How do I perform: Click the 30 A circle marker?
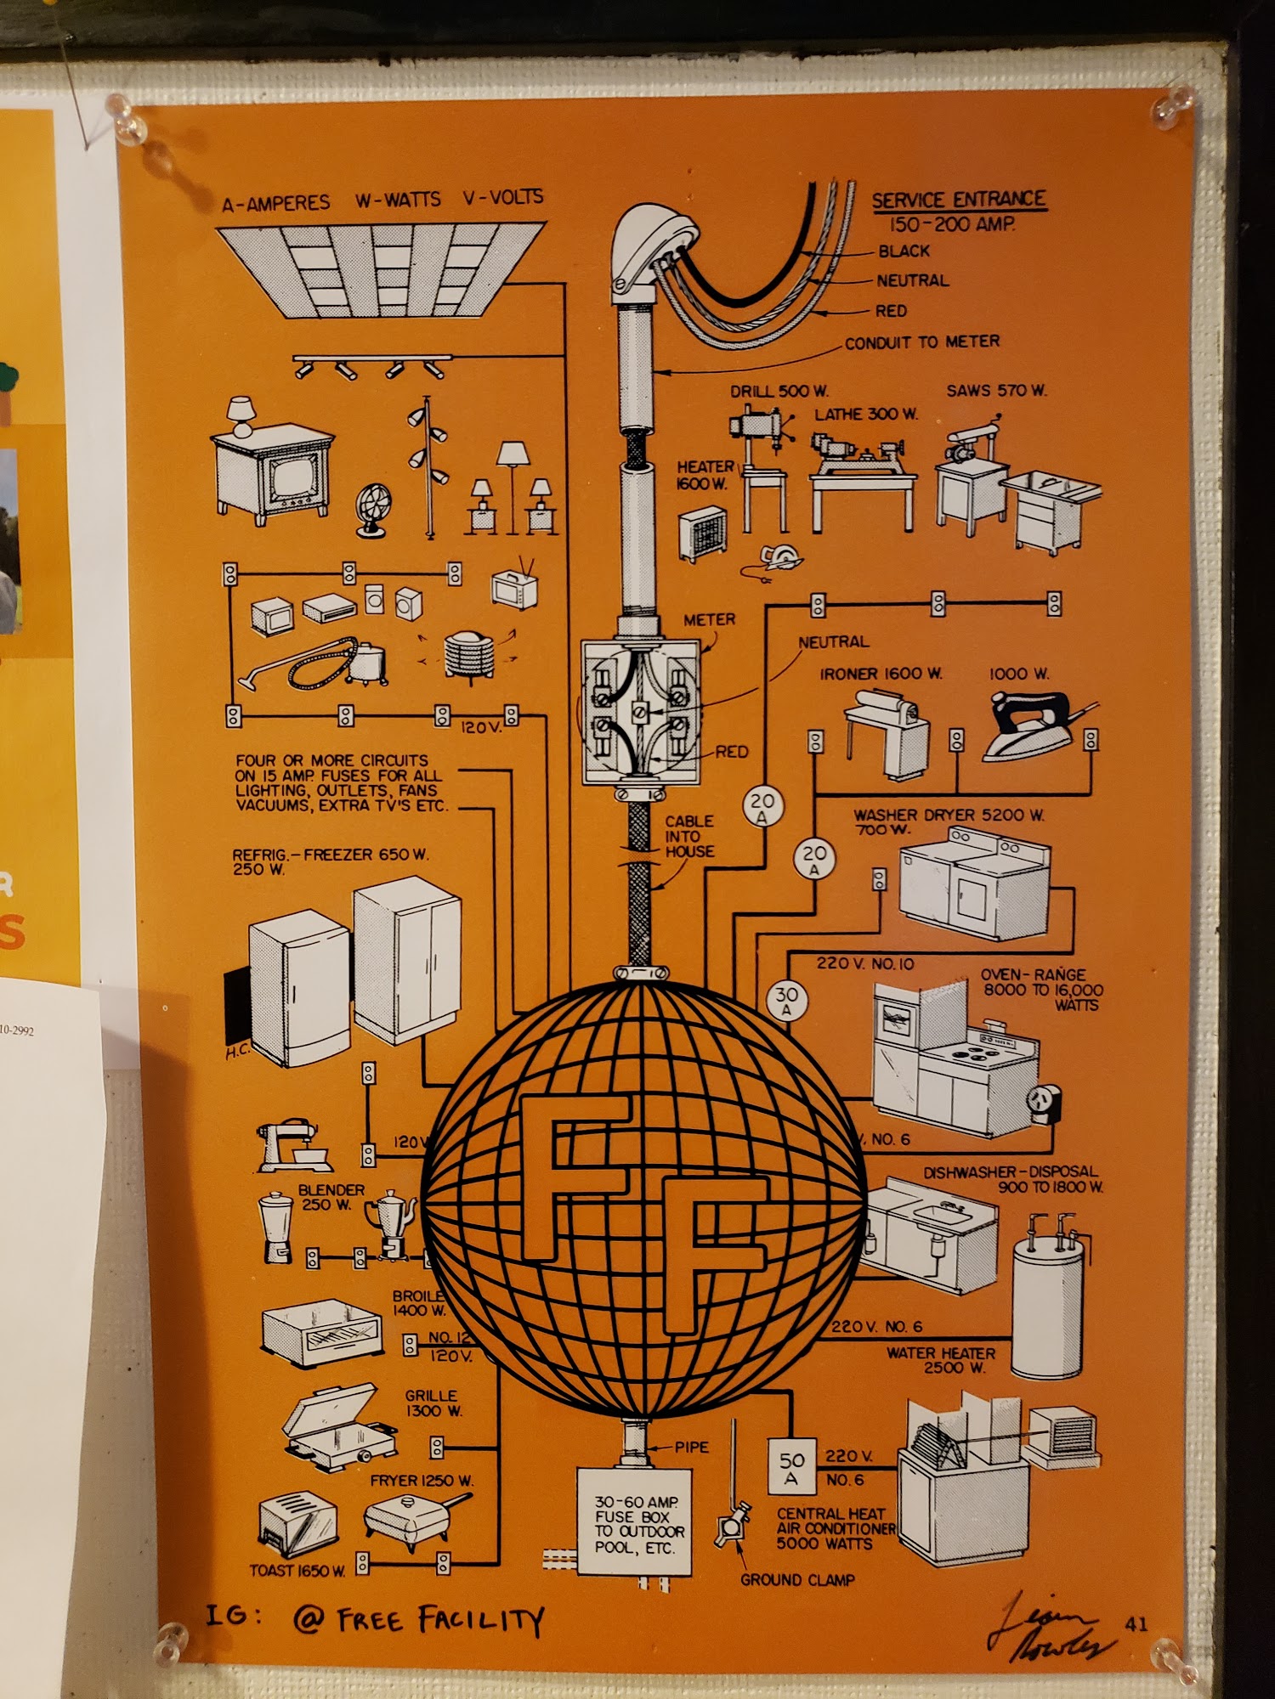coord(786,1000)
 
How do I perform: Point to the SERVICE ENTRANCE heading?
coord(959,200)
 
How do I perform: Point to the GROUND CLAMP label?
coord(797,1580)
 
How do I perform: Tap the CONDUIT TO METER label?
coord(922,341)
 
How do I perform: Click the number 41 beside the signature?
coord(1136,1624)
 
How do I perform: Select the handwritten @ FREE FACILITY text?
coord(416,1621)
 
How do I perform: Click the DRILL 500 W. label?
coord(779,392)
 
